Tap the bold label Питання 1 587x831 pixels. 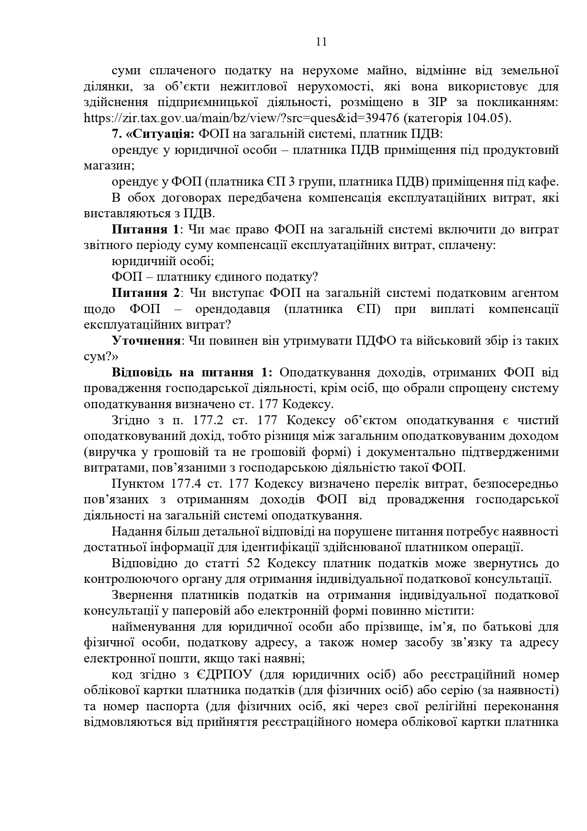[x=146, y=230]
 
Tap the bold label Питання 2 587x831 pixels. [x=146, y=293]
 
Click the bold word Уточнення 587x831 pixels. [x=146, y=341]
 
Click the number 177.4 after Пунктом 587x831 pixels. [x=182, y=484]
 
